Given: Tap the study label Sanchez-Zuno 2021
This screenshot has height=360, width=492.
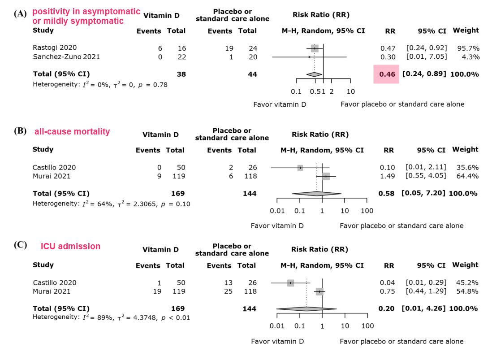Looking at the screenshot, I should pyautogui.click(x=66, y=56).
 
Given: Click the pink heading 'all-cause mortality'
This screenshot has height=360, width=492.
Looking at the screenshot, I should pyautogui.click(x=72, y=132).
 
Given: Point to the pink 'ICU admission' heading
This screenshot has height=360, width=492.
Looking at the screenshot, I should pyautogui.click(x=71, y=246).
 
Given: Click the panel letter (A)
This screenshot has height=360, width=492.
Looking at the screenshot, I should pyautogui.click(x=20, y=13).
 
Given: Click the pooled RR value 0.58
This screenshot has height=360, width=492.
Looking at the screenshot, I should pyautogui.click(x=386, y=193).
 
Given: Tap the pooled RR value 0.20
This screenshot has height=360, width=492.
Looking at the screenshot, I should pyautogui.click(x=386, y=308).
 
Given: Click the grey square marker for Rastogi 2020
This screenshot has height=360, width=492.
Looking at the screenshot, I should pyautogui.click(x=315, y=48).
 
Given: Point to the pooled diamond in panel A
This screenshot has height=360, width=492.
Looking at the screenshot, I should pyautogui.click(x=314, y=74).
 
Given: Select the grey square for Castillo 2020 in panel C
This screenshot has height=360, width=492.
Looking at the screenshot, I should pyautogui.click(x=290, y=283).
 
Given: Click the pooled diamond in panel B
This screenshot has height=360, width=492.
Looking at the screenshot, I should pyautogui.click(x=316, y=194).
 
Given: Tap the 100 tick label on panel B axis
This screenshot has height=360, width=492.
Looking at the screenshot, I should pyautogui.click(x=367, y=211).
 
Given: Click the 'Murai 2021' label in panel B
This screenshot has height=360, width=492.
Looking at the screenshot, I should pyautogui.click(x=52, y=176).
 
